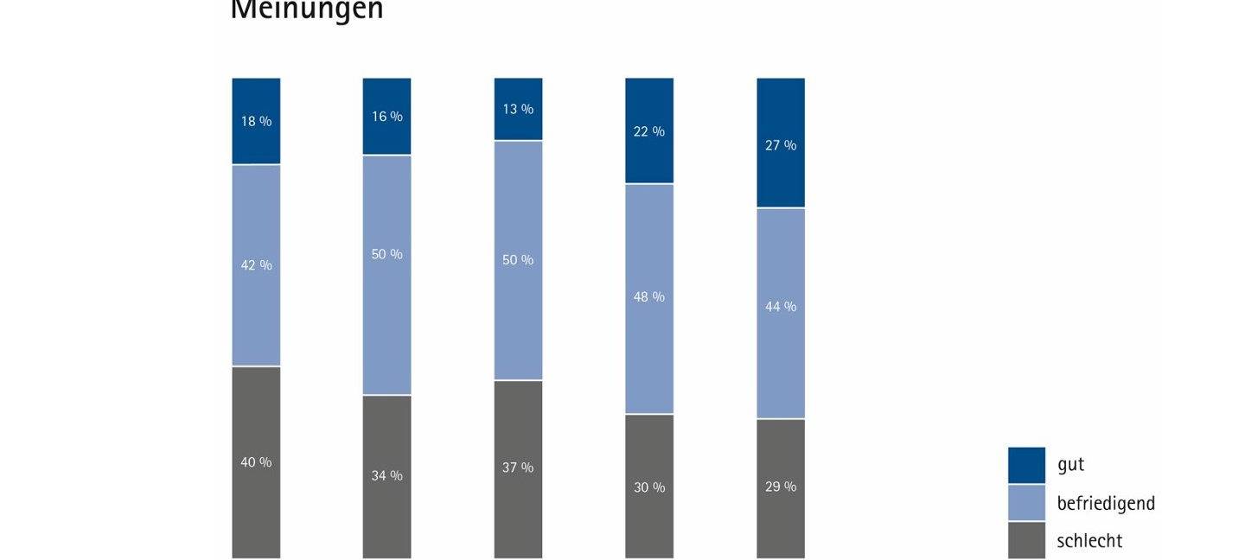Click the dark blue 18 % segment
256,121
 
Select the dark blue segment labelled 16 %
386,117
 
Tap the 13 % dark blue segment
518,109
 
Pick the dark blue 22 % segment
649,131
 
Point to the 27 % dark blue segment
781,143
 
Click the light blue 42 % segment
256,265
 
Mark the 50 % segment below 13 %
518,260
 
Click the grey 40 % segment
256,462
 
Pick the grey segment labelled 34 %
386,476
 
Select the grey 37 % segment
518,468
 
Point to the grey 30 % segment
649,487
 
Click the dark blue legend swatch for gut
1026,465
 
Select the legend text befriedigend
1106,503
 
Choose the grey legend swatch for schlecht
1026,540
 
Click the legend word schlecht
1089,541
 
